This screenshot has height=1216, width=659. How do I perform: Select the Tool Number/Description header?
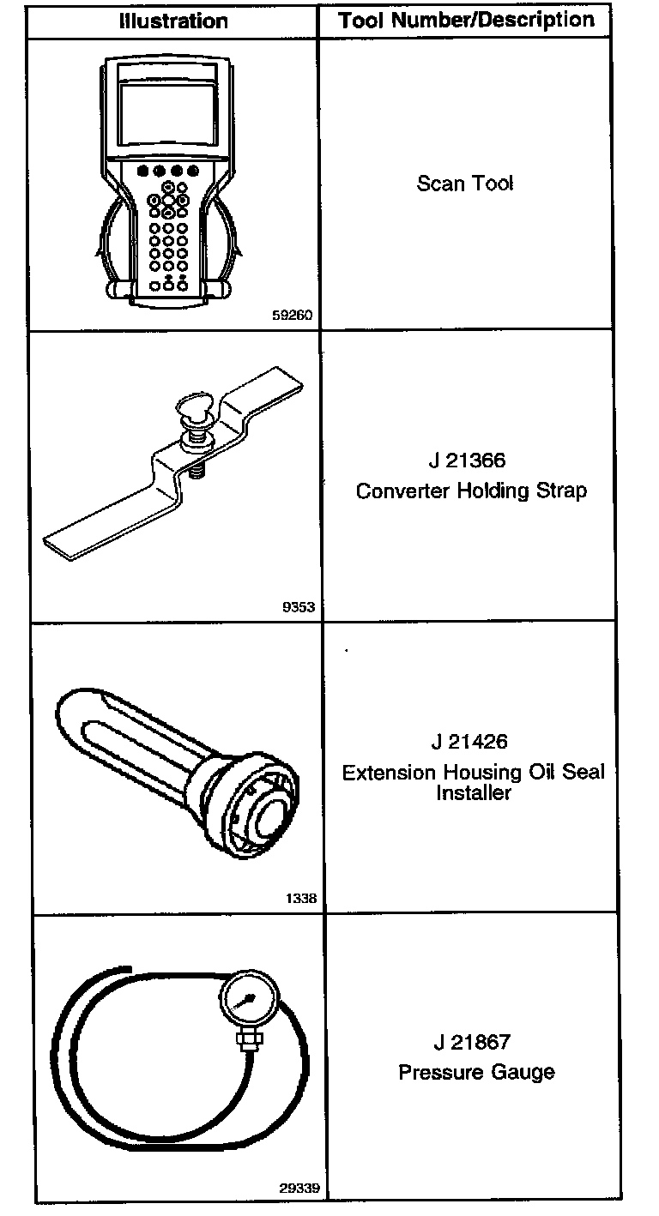(466, 21)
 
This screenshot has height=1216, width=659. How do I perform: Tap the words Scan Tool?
(465, 183)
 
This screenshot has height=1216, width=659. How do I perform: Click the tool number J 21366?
(468, 461)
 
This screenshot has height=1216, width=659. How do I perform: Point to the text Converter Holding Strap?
(471, 491)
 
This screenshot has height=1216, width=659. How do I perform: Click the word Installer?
(473, 793)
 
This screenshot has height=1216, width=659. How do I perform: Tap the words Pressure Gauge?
(476, 1073)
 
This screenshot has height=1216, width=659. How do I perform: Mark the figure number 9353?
(299, 607)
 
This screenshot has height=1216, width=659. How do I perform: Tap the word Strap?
(565, 491)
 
